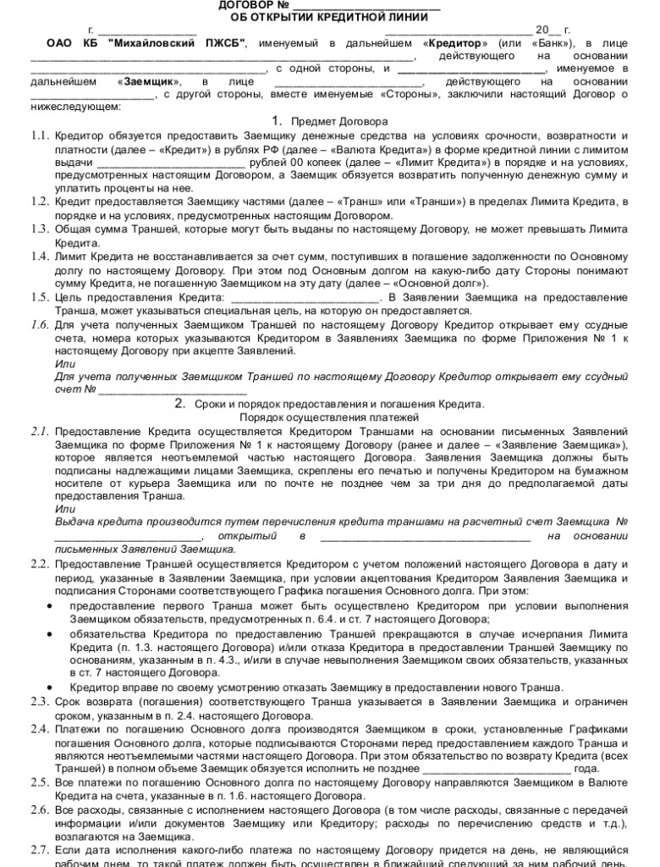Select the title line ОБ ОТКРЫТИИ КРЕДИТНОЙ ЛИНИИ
point(329,17)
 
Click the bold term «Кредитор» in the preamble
point(457,42)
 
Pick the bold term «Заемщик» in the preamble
point(148,81)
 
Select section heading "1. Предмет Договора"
point(330,121)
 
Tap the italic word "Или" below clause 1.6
point(64,363)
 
